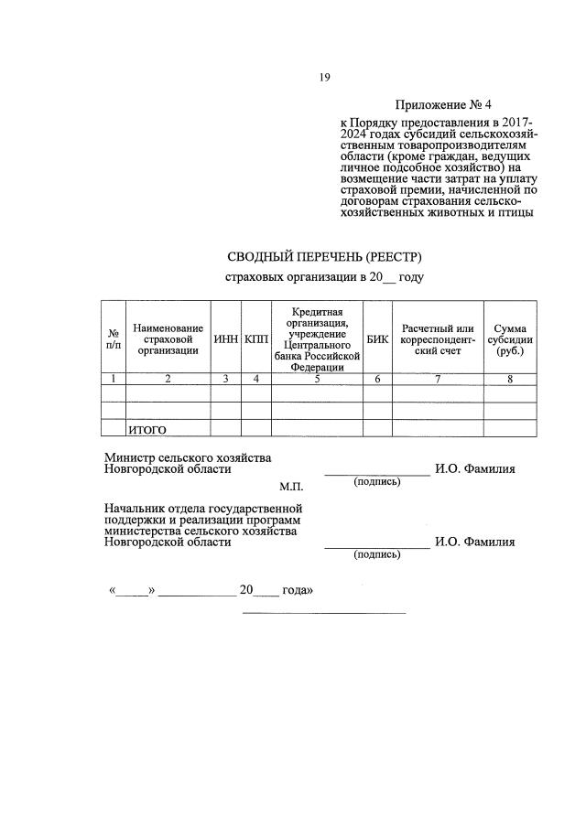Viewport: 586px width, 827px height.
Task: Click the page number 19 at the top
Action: pos(324,78)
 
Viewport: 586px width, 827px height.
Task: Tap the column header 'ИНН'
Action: pos(225,339)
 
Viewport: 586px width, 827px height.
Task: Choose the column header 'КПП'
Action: pos(256,339)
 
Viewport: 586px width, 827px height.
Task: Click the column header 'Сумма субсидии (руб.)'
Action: pos(510,339)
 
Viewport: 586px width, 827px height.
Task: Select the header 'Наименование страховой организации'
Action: pos(168,338)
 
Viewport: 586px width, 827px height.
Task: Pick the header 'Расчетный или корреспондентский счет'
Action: pos(438,339)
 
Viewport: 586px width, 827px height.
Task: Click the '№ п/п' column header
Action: pos(114,339)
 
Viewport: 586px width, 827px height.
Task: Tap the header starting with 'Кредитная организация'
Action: pos(317,339)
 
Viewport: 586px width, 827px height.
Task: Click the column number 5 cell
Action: pos(317,378)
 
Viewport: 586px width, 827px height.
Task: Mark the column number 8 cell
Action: pos(510,378)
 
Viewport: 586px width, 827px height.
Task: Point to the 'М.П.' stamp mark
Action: pos(290,486)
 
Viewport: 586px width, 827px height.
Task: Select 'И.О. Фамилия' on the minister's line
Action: pos(474,469)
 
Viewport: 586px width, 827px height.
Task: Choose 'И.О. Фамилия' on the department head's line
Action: pos(474,542)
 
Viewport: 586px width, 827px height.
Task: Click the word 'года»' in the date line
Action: pos(298,590)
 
